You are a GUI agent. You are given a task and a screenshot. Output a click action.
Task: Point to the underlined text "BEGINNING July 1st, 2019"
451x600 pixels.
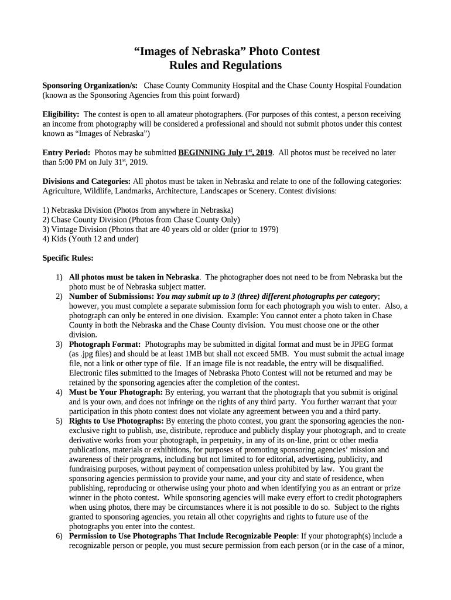(x=225, y=153)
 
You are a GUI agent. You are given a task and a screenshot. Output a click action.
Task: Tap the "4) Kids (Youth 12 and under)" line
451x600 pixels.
(x=90, y=238)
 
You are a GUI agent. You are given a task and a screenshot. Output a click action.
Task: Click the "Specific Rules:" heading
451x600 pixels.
(x=68, y=258)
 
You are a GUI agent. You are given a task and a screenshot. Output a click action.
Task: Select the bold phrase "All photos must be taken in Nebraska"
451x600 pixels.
(x=134, y=277)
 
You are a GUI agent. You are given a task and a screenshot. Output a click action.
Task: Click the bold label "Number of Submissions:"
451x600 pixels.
(x=111, y=296)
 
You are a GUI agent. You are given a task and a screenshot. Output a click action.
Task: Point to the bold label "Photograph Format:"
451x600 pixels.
(x=105, y=344)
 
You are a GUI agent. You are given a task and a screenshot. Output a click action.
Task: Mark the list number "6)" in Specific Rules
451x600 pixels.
(x=59, y=536)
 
